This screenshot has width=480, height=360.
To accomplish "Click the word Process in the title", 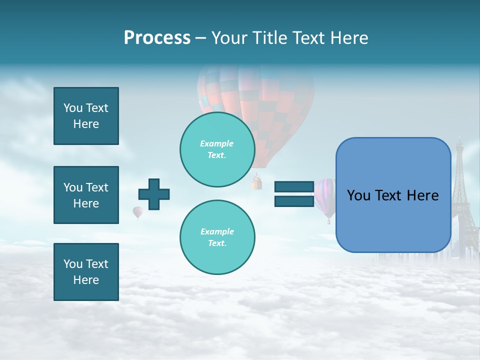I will [x=157, y=38].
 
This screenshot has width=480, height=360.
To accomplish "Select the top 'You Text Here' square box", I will [x=86, y=116].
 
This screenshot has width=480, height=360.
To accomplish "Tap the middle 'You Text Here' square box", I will [x=86, y=195].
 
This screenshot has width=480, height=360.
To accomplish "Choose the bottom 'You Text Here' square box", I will [x=86, y=271].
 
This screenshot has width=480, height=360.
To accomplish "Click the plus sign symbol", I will [x=154, y=194].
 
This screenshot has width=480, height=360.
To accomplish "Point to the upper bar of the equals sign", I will [x=294, y=187].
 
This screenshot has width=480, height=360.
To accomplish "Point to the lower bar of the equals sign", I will [x=294, y=201].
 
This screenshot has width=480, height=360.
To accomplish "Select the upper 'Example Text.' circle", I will [x=217, y=149].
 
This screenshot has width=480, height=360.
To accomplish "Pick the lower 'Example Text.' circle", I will [x=217, y=237].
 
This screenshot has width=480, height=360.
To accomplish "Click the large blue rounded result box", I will [x=393, y=195].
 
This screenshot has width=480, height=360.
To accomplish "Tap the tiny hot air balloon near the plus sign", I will [x=137, y=212].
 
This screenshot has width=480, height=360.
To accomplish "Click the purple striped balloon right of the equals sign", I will [x=325, y=197].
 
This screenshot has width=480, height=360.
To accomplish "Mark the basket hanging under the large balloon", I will [x=257, y=183].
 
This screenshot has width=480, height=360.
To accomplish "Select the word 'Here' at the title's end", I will [x=349, y=38].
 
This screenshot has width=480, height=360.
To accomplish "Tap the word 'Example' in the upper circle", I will [x=216, y=143].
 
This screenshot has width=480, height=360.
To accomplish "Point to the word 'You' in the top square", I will [x=73, y=108].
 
